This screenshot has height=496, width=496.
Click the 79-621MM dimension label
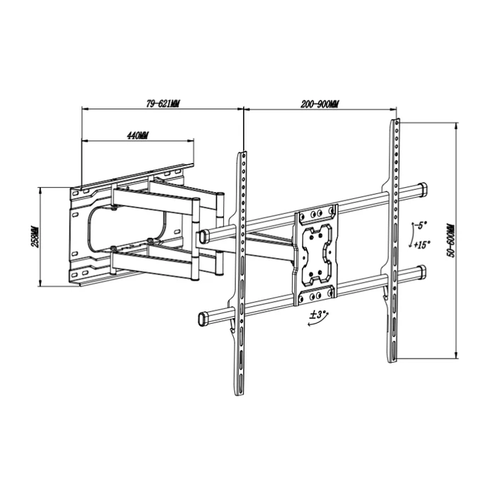point(163,103)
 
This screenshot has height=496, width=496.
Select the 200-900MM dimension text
point(320,103)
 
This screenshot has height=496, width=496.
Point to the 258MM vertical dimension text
point(34,237)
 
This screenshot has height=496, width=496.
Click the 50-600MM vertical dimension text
point(449,242)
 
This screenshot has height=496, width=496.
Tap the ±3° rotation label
point(317,313)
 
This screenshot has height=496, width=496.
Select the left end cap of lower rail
point(202,316)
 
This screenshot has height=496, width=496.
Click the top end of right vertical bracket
point(393,126)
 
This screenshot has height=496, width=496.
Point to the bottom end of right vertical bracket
point(393,358)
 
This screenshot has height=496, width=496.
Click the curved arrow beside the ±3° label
point(312,323)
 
